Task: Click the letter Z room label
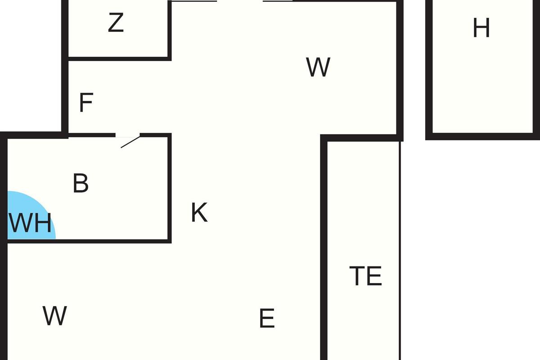pyautogui.click(x=116, y=23)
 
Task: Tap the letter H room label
pyautogui.click(x=481, y=29)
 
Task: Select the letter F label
pyautogui.click(x=85, y=103)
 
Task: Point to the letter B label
pyautogui.click(x=81, y=184)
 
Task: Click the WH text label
pyautogui.click(x=30, y=223)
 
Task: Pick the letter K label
pyautogui.click(x=199, y=213)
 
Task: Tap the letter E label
pyautogui.click(x=267, y=319)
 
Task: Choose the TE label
pyautogui.click(x=365, y=276)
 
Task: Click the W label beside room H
pyautogui.click(x=318, y=67)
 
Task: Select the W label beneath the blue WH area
pyautogui.click(x=55, y=316)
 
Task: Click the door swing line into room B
pyautogui.click(x=130, y=142)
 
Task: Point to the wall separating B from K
pyautogui.click(x=170, y=189)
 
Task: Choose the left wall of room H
pyautogui.click(x=429, y=67)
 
